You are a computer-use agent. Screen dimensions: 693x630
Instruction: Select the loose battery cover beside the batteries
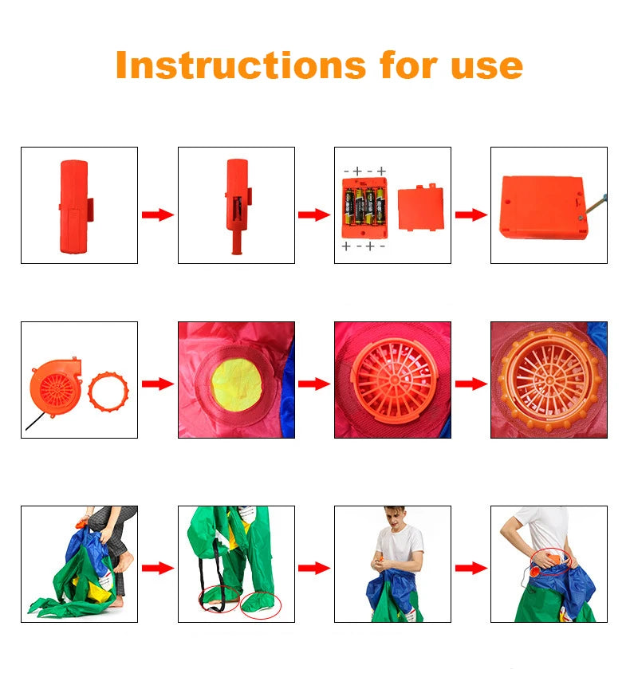coord(420,207)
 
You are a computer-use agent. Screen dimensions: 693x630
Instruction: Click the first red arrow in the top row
coord(157,215)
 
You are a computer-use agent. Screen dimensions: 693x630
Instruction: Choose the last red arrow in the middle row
coord(471,384)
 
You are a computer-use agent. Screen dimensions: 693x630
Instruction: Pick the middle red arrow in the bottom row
coord(313,568)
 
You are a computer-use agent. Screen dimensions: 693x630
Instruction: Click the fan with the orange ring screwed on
coord(549,380)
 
